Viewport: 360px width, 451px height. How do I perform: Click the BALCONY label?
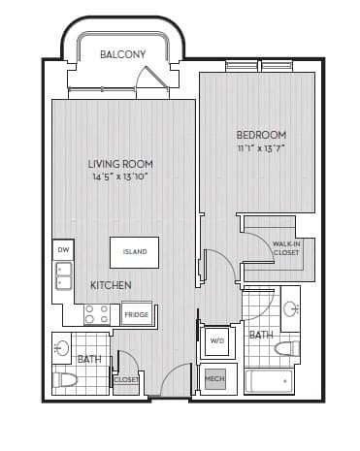click(x=122, y=54)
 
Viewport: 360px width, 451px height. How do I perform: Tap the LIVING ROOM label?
click(x=120, y=164)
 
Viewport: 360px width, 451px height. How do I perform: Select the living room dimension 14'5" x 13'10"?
click(x=120, y=177)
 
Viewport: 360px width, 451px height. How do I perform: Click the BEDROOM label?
click(x=261, y=135)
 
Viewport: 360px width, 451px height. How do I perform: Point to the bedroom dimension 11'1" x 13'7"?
click(x=261, y=149)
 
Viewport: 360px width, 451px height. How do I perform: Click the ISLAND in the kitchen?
click(x=134, y=252)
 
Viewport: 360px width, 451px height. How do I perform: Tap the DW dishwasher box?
click(x=63, y=249)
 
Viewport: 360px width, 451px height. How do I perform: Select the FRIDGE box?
click(x=137, y=314)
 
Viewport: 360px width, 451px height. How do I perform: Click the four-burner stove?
click(x=97, y=314)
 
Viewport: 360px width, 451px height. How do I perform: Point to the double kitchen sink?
click(x=64, y=275)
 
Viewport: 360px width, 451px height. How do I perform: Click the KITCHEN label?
click(x=111, y=285)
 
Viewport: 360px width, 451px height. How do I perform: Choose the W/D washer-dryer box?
click(x=217, y=341)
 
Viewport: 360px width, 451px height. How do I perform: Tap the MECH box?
click(x=214, y=379)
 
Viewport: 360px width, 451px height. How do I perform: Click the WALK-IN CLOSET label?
click(x=286, y=248)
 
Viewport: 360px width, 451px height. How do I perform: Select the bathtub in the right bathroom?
click(x=269, y=381)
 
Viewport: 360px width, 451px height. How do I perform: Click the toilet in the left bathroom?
click(x=65, y=380)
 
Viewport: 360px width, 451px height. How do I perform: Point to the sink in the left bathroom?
click(x=61, y=348)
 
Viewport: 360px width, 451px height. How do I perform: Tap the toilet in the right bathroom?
click(x=287, y=348)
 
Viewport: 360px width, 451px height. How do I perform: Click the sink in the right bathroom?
click(x=290, y=309)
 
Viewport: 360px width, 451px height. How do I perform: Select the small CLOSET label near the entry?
click(x=126, y=380)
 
